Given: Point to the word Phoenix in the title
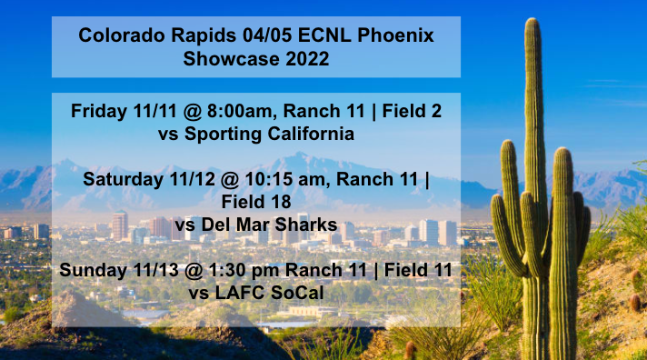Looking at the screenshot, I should pyautogui.click(x=395, y=35).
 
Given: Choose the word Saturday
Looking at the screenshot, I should pyautogui.click(x=123, y=178).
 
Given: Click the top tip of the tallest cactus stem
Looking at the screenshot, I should pyautogui.click(x=532, y=20).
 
